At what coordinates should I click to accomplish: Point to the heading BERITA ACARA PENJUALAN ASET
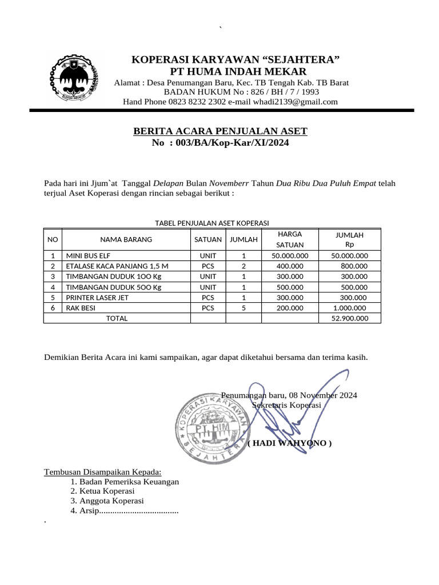coord(220,131)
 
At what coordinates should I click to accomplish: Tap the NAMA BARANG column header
coord(126,239)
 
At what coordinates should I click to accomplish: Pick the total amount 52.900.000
coord(350,318)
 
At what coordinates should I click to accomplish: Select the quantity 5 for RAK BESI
coord(244,308)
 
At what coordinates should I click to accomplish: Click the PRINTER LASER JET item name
coord(98,298)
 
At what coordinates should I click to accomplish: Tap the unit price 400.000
coord(290,266)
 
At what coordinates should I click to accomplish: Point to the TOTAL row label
coord(117,318)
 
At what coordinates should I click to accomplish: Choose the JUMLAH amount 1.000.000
coord(350,308)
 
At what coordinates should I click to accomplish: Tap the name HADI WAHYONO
coord(290,443)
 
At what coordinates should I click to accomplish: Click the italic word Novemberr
coord(229,183)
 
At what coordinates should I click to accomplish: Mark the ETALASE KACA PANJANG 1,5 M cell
coord(118,266)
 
